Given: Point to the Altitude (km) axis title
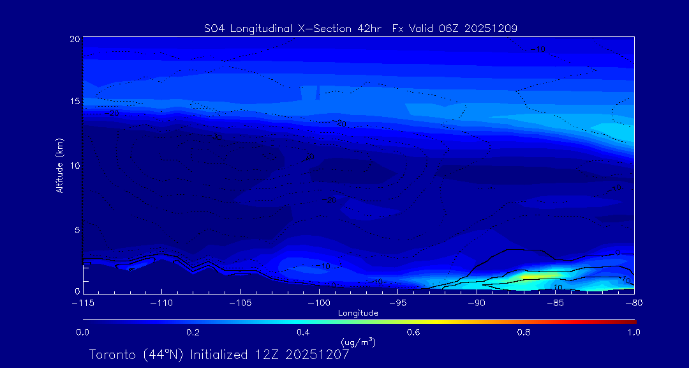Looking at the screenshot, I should pos(59,165).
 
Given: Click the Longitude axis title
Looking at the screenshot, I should pos(358,313).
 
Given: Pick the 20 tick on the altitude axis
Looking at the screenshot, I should pos(75,39).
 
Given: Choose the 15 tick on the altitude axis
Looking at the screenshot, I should pos(75,102).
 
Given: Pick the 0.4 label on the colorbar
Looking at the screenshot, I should pos(303,332).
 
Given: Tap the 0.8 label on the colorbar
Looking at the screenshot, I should pos(524,332).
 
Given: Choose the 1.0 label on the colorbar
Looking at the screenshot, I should pos(633,332).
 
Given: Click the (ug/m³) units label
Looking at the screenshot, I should pos(358,343).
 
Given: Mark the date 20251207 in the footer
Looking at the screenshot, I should pos(318,355).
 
